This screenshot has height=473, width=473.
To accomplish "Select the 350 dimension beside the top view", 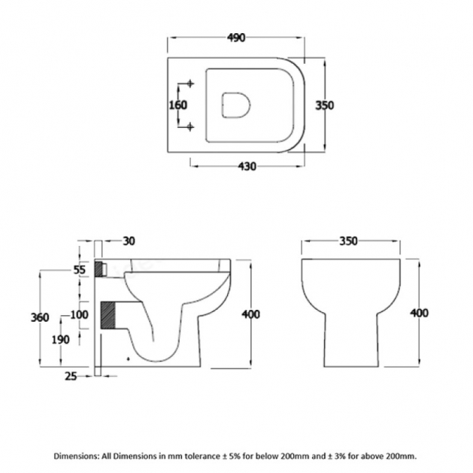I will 324,105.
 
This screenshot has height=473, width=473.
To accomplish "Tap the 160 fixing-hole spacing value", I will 177,105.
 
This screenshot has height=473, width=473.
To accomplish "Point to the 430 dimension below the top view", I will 246,165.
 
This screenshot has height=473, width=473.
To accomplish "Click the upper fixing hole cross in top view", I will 189,83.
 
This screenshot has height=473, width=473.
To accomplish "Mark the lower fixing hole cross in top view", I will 189,126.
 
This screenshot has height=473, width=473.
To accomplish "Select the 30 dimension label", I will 129,241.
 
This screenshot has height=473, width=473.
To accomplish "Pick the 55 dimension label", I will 79,269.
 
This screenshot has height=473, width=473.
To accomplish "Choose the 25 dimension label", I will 71,375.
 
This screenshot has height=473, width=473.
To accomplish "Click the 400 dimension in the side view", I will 250,314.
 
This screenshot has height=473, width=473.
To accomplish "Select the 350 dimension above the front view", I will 348,241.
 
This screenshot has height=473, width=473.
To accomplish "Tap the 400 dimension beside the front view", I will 419,313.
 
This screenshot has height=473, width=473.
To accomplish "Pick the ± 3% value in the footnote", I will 341,456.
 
